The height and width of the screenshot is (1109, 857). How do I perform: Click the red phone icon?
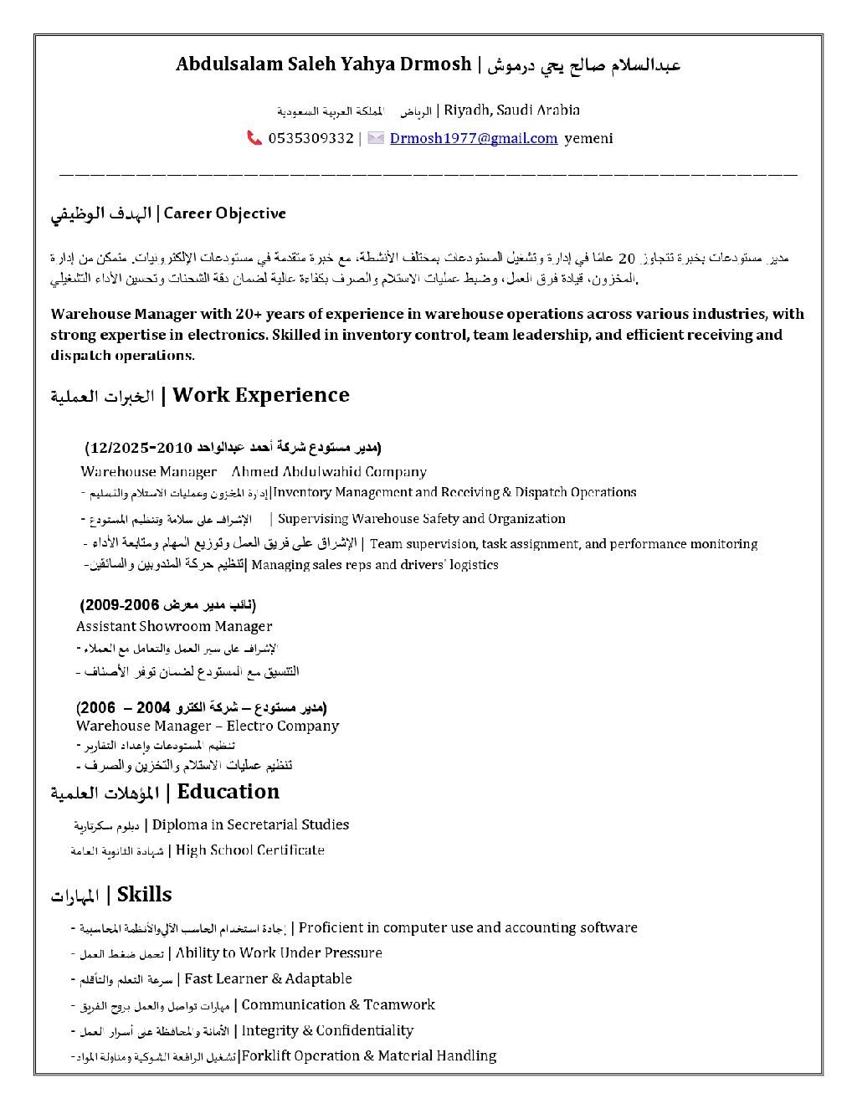coord(254,138)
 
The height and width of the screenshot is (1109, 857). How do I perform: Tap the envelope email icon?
coord(376,138)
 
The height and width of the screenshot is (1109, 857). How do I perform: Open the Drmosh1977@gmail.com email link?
coord(474,138)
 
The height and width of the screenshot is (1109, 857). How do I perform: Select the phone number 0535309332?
coord(311,138)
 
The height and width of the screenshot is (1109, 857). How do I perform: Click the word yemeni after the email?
coord(588,138)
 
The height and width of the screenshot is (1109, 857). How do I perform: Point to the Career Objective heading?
coord(225,213)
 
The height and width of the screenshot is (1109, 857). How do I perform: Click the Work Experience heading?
coord(260,395)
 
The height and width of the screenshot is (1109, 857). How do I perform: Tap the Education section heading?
coord(228,792)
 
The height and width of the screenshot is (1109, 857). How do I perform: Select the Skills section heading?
coord(144,895)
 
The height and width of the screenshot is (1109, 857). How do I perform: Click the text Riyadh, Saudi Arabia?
coord(512,110)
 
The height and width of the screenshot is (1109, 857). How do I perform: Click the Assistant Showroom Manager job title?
coord(174,626)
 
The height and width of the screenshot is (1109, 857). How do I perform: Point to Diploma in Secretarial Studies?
coord(250,825)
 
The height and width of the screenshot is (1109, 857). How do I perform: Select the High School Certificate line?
coord(250,850)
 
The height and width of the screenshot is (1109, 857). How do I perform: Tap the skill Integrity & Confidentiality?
coord(327,1030)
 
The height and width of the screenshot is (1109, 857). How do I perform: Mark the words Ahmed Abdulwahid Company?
coord(329,472)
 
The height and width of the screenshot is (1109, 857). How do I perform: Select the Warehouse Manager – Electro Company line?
coord(208,726)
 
